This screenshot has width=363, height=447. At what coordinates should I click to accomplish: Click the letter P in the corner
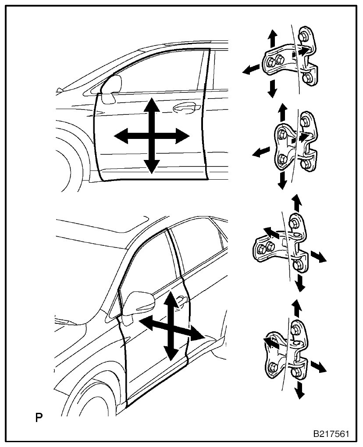point(39,416)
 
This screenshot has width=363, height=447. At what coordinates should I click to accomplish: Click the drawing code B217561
point(331,434)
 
